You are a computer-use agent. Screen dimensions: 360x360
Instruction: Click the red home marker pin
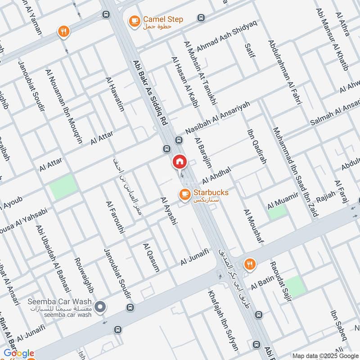click(x=179, y=162)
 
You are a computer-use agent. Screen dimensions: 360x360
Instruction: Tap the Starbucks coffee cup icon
click(x=184, y=194)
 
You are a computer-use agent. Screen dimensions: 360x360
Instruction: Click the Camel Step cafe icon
click(x=134, y=21)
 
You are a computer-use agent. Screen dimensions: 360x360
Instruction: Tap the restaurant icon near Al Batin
click(x=249, y=264)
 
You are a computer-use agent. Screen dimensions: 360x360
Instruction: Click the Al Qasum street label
click(x=151, y=257)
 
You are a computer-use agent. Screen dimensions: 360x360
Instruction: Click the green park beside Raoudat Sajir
click(x=294, y=287)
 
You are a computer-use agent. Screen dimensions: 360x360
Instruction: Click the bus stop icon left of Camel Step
click(x=106, y=14)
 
